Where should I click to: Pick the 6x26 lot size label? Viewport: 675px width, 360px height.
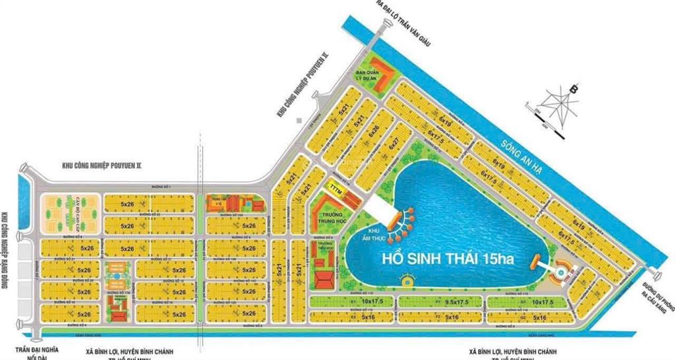[x=374, y=131]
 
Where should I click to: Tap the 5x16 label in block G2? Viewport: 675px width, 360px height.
[x=539, y=317]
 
